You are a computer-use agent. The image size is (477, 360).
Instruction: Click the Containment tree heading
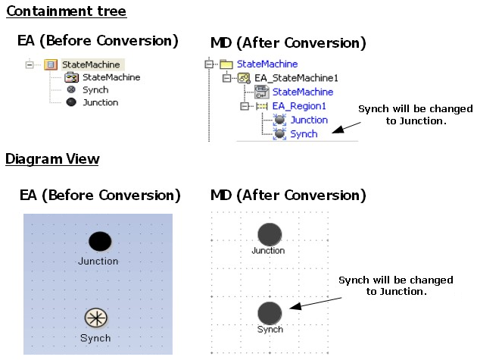67,11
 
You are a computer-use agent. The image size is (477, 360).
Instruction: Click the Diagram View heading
52,158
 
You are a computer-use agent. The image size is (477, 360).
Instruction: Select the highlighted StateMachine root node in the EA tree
90,64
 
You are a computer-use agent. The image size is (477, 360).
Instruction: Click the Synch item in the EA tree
95,89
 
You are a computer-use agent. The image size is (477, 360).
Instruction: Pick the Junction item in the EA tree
100,102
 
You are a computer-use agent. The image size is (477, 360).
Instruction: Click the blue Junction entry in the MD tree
309,120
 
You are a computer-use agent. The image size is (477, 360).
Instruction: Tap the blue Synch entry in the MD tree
304,133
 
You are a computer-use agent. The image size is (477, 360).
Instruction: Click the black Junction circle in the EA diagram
100,242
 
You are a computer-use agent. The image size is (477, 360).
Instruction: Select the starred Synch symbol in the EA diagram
96,318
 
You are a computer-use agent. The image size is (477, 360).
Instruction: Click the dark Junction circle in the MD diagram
269,234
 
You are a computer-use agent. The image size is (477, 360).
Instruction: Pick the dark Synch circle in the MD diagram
270,313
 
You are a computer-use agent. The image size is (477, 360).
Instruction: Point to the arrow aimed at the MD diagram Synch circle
310,303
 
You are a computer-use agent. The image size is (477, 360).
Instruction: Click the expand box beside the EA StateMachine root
30,64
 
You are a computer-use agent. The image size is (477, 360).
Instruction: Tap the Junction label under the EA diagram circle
98,261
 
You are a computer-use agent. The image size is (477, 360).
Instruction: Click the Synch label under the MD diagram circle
270,330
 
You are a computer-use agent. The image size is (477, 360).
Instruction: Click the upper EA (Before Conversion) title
98,40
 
